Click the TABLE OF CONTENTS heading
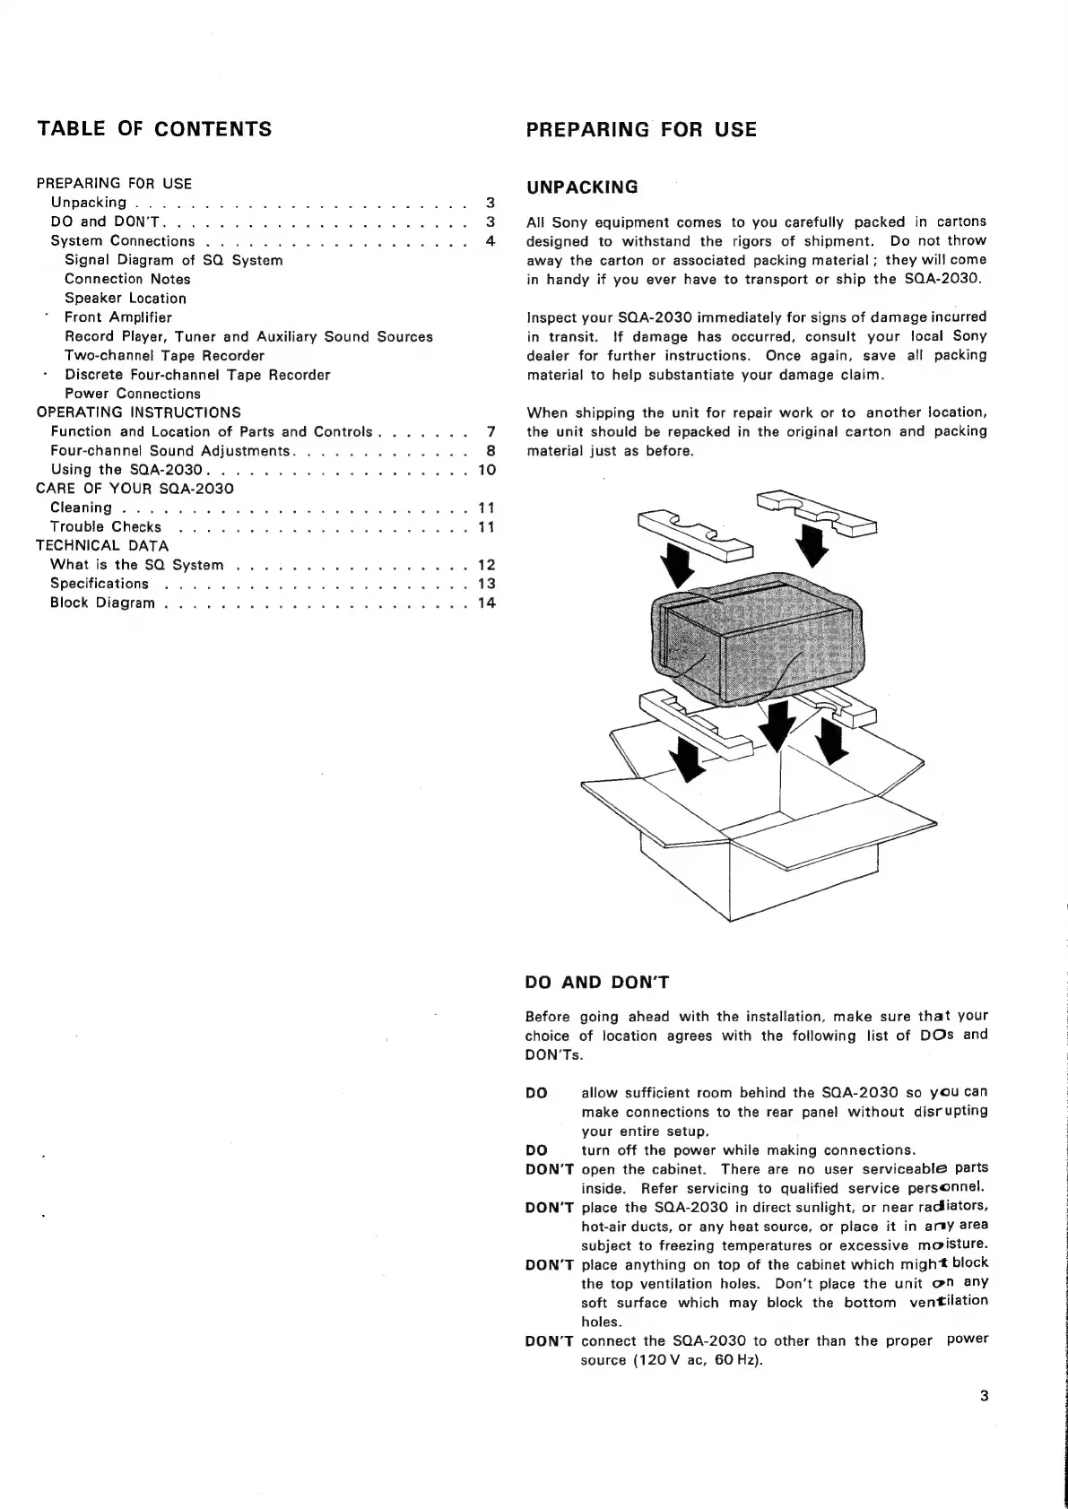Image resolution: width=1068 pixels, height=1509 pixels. (154, 129)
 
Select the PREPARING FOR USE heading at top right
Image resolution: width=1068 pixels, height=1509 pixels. (641, 129)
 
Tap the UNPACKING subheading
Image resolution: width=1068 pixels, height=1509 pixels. (582, 187)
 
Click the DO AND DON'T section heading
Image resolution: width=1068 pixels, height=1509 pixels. (596, 982)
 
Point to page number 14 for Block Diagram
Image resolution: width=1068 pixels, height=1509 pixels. (486, 603)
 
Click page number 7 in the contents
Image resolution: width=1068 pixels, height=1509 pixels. (491, 431)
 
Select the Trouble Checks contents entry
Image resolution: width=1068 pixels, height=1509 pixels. (106, 526)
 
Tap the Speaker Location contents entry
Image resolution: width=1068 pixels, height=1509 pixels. (126, 298)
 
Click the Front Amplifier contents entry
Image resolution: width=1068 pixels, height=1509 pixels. (117, 317)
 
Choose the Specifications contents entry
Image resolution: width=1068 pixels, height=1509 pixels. (100, 584)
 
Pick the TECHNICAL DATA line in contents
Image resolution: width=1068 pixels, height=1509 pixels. (102, 545)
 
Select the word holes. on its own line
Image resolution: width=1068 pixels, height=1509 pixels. (601, 1322)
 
